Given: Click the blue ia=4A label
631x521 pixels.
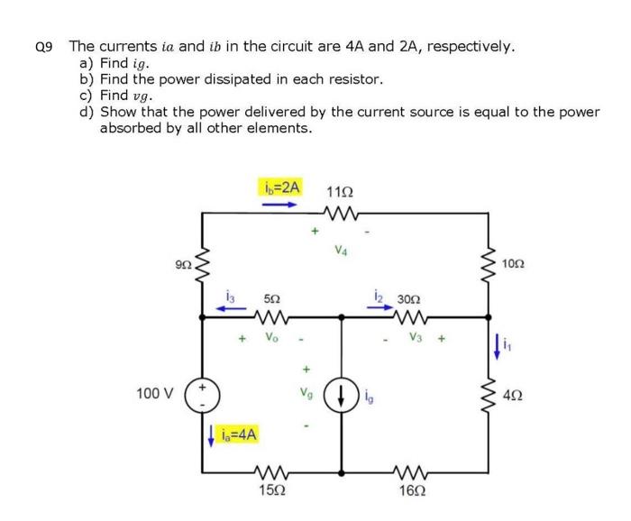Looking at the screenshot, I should [x=239, y=434].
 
